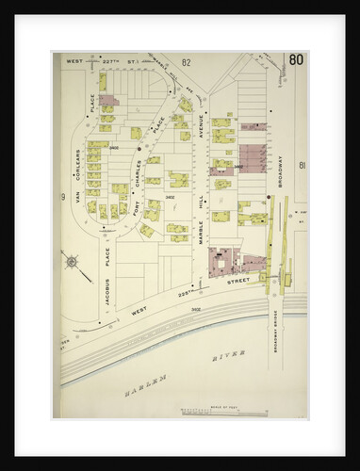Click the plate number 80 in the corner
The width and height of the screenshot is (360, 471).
tap(296, 63)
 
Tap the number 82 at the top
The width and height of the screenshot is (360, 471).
tap(187, 63)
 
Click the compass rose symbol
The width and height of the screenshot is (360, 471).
tap(72, 261)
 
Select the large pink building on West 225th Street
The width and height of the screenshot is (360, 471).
tap(227, 261)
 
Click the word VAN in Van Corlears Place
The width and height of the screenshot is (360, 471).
tap(79, 212)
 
